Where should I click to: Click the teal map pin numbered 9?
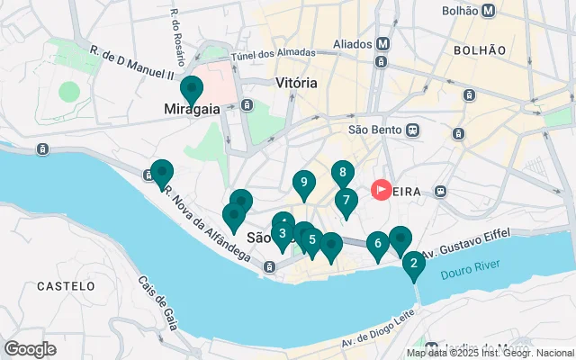pos(304,184)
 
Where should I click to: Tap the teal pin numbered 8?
pos(342,173)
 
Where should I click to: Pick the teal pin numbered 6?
pos(378,243)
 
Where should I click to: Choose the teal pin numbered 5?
pos(312,239)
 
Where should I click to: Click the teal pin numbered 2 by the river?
pos(413,264)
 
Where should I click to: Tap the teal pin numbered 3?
pos(346,201)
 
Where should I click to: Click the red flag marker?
pos(382,190)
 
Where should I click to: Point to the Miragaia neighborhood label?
pos(192,110)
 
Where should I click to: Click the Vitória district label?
pos(296,83)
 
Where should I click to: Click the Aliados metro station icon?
pos(382,43)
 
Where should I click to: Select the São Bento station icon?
pos(413,129)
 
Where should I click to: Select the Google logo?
pos(30,348)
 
